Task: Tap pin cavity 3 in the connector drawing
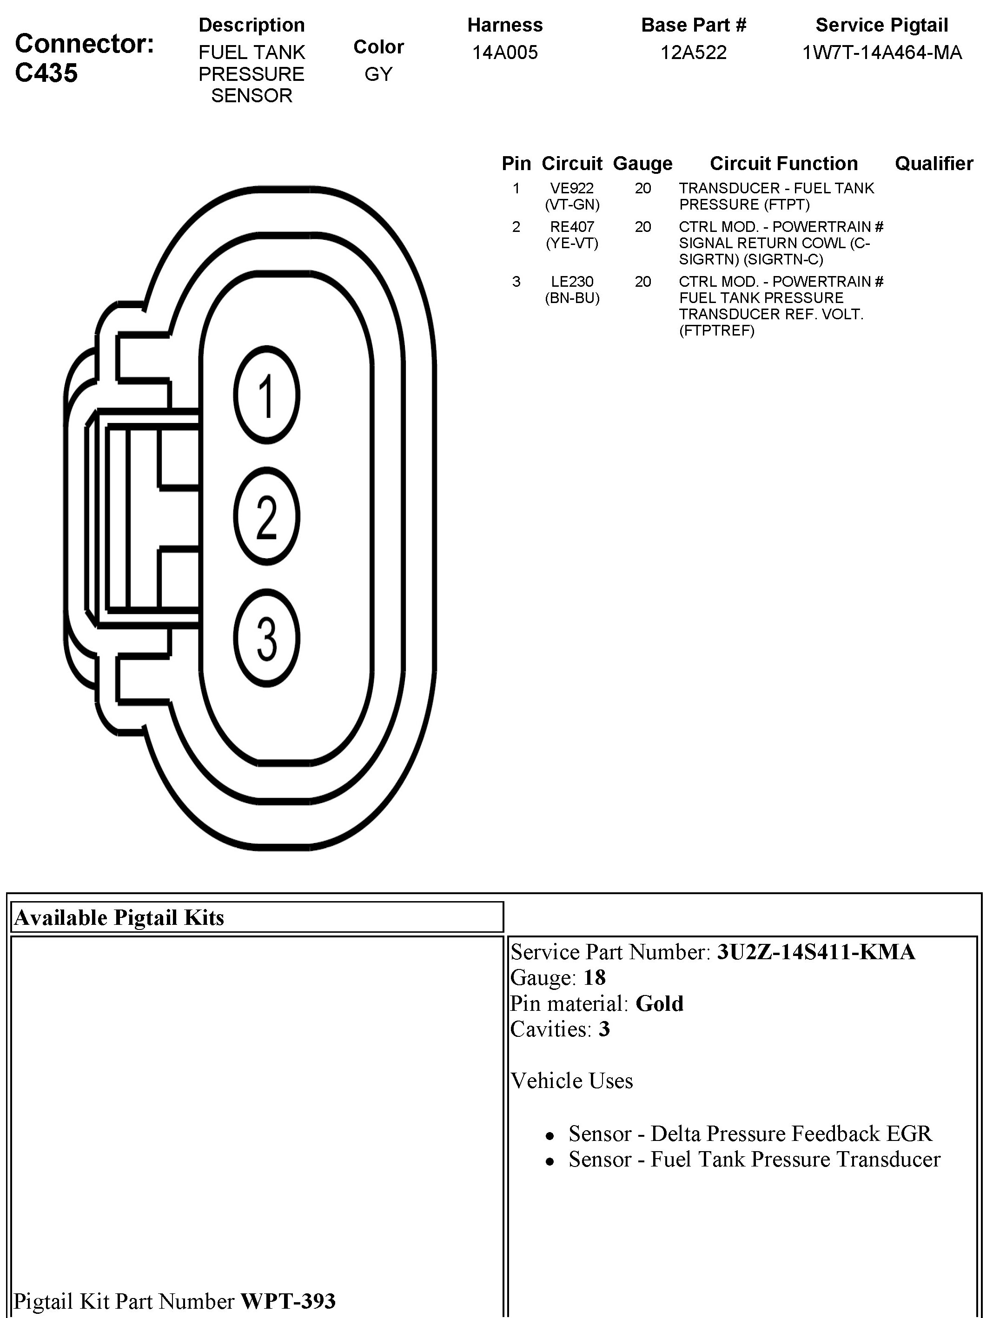[x=266, y=638]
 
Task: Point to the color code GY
[x=378, y=74]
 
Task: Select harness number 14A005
[x=505, y=53]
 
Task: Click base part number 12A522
[x=693, y=53]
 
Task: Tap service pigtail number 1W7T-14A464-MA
[x=881, y=53]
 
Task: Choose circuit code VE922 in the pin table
[x=572, y=188]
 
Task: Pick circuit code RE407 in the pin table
[x=572, y=227]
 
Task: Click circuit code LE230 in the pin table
[x=572, y=282]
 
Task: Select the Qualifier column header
[x=933, y=163]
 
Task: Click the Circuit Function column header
[x=783, y=163]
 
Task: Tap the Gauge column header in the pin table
[x=642, y=163]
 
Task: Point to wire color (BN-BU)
[x=572, y=298]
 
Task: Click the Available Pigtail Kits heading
[x=119, y=917]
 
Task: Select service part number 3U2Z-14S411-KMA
[x=815, y=952]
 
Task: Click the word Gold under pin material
[x=659, y=1003]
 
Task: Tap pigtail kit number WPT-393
[x=288, y=1301]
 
